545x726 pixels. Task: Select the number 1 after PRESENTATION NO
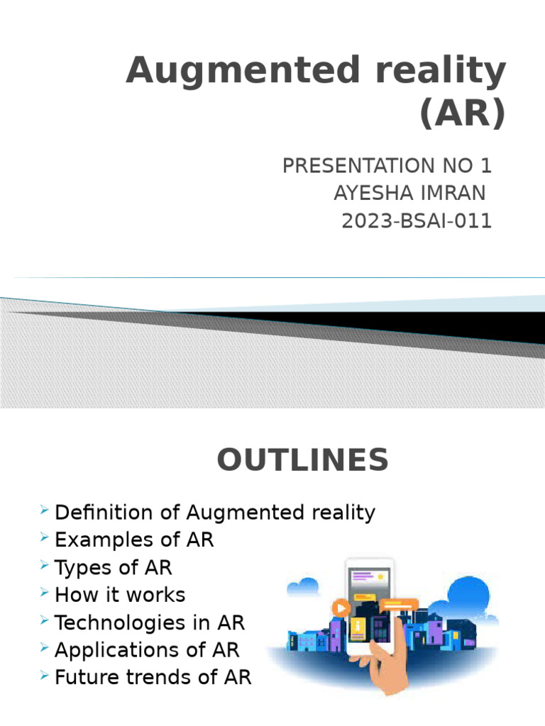(x=485, y=166)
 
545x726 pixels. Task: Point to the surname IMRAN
(x=456, y=193)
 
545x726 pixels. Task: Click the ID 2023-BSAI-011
(x=417, y=221)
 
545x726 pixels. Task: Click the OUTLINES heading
(x=303, y=461)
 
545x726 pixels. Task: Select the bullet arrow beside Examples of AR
(x=45, y=539)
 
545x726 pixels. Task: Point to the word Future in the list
(x=85, y=677)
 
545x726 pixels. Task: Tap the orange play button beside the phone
(x=343, y=608)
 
